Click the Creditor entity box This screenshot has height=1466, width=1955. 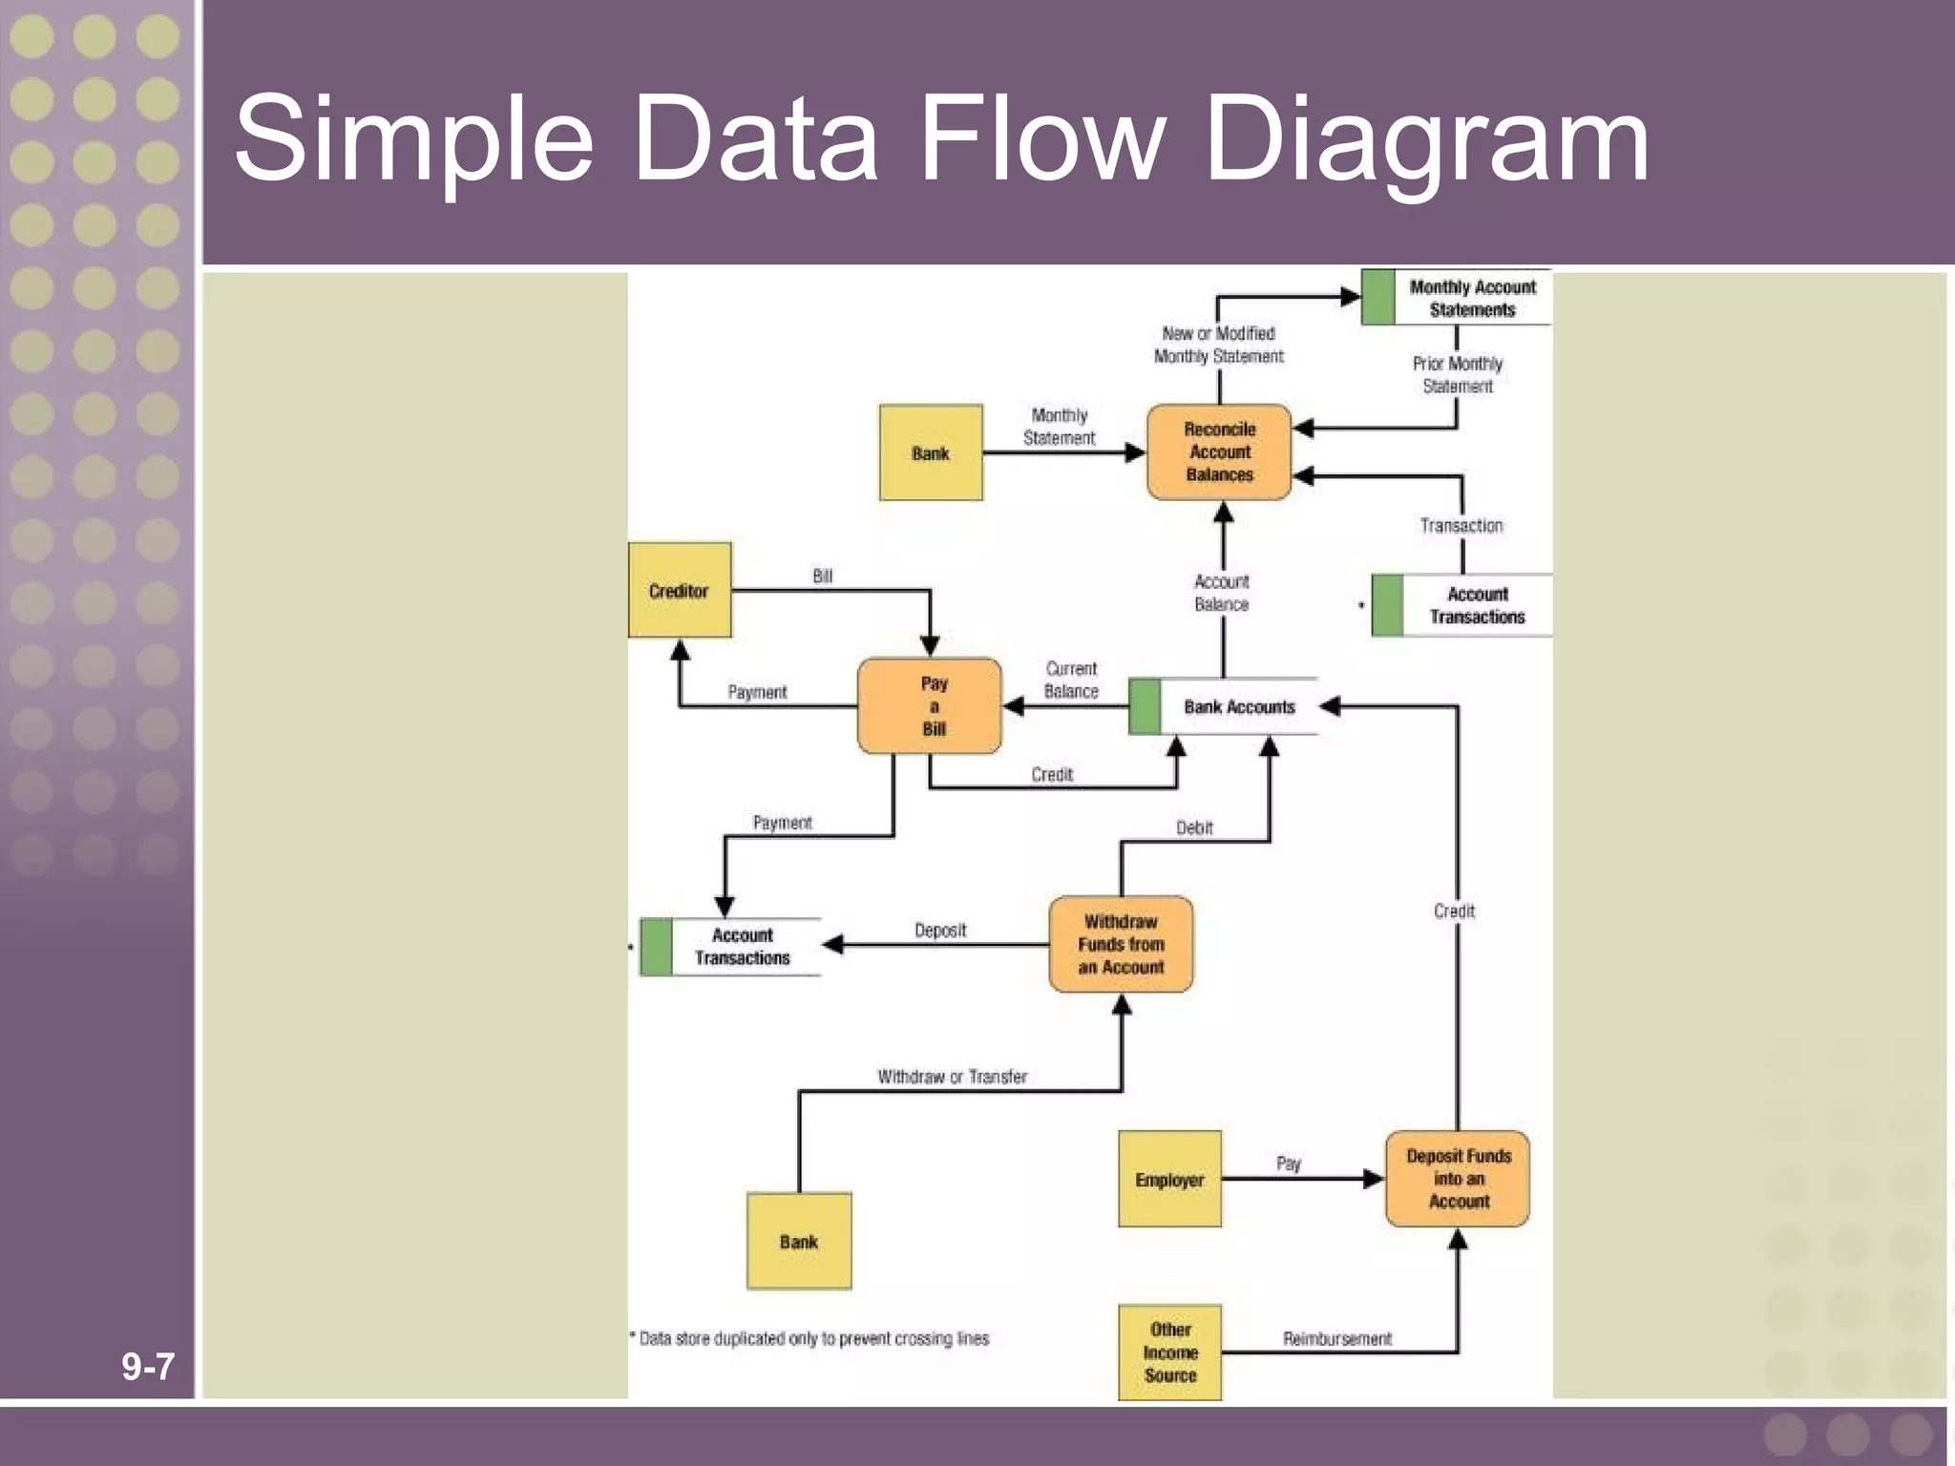tap(680, 590)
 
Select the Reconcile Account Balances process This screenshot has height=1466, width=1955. tap(1219, 451)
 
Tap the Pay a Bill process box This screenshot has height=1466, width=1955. tap(931, 706)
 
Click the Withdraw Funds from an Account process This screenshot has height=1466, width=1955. tap(1121, 944)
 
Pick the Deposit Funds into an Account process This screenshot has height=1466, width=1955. tap(1458, 1179)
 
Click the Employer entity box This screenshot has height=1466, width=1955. tap(1169, 1179)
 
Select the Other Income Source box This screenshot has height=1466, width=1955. tap(1169, 1352)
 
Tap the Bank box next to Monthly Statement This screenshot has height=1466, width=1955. tap(931, 452)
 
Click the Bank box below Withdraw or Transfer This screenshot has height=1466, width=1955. tap(799, 1241)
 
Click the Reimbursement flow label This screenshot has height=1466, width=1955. tap(1336, 1338)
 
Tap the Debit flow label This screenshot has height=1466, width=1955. tap(1194, 827)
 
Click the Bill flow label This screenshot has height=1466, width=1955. tap(822, 576)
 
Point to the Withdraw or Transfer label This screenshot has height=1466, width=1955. tap(952, 1077)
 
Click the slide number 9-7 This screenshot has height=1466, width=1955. tap(148, 1367)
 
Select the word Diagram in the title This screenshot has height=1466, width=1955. tap(1426, 139)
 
